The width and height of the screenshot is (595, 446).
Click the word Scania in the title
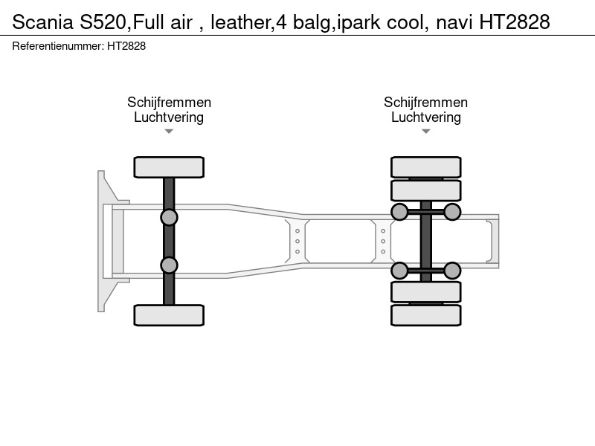[x=42, y=22]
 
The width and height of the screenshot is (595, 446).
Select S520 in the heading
[x=103, y=22]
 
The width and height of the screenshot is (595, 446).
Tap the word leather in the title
[x=239, y=22]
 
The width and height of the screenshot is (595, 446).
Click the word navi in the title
[x=454, y=22]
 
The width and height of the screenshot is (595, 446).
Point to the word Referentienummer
[x=57, y=46]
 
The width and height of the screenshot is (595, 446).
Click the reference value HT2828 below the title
[x=126, y=46]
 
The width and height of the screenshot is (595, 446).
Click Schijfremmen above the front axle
[x=170, y=103]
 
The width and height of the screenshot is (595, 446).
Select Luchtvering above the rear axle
[x=426, y=117]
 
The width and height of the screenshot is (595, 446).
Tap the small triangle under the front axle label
[x=169, y=132]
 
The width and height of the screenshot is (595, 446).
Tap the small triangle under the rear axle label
[x=425, y=132]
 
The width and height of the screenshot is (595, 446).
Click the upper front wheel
[x=169, y=167]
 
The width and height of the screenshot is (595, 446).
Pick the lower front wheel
[x=169, y=315]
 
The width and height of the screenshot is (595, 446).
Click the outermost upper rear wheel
[x=426, y=167]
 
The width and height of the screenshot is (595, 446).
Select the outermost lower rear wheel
[x=426, y=315]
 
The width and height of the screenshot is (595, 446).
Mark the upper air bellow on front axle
[x=169, y=218]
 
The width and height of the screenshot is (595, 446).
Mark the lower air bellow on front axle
[x=169, y=265]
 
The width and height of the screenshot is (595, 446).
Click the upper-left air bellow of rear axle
[x=399, y=212]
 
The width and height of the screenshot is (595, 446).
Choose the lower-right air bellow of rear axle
[x=452, y=271]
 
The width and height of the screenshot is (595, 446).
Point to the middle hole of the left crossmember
[x=297, y=241]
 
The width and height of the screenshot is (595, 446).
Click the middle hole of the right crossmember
[x=383, y=241]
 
